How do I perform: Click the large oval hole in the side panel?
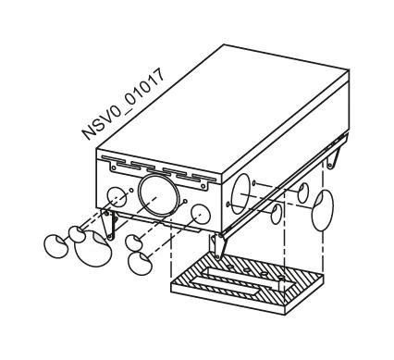(241, 187)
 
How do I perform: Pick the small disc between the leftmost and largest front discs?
(77, 232)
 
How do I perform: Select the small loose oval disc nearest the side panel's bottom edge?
(276, 216)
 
